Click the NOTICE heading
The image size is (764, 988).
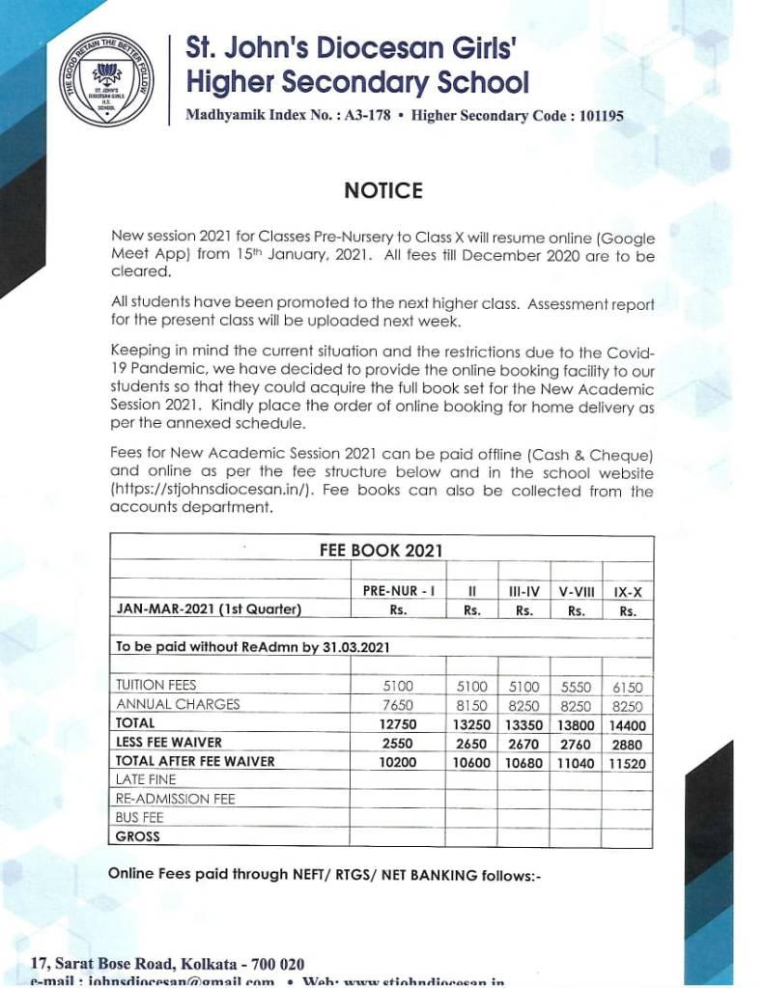[383, 190]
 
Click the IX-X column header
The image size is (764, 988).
[628, 590]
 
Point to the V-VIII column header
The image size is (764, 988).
[575, 590]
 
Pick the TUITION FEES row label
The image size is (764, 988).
[156, 685]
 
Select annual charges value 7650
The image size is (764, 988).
[398, 704]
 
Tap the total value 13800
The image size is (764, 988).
[575, 723]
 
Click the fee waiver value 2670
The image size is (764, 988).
[523, 743]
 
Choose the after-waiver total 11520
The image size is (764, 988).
[628, 762]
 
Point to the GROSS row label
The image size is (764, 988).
[137, 836]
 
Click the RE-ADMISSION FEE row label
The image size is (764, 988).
[175, 799]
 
